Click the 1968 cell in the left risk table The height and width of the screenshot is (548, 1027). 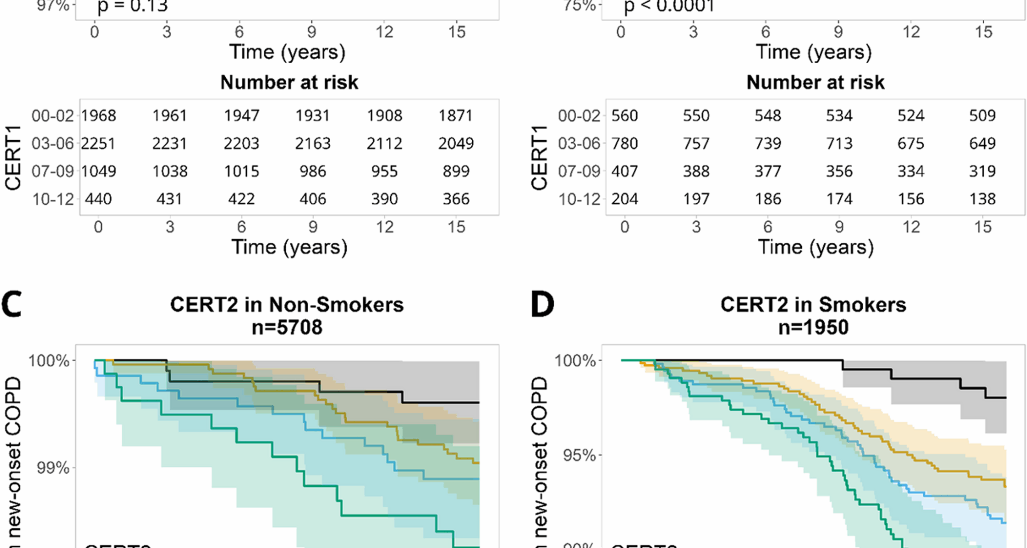click(98, 116)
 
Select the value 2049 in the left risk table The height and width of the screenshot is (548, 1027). click(456, 143)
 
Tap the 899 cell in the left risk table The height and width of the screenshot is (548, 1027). click(456, 171)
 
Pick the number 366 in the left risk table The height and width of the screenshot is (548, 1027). click(456, 199)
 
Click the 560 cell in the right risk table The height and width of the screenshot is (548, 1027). click(624, 116)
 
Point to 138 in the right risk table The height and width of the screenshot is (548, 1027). click(982, 199)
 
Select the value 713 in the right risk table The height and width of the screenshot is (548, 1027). click(839, 143)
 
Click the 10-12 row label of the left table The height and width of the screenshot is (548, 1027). click(53, 199)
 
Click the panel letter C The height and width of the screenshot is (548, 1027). click(11, 305)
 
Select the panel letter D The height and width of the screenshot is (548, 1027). click(542, 305)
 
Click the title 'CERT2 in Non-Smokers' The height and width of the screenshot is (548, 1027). click(287, 305)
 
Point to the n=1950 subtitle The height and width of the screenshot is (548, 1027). click(813, 327)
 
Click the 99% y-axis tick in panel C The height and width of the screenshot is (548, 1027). click(52, 468)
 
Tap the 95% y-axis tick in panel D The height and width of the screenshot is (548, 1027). click(579, 455)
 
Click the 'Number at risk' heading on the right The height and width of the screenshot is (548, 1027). click(815, 82)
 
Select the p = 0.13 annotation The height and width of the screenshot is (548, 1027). click(133, 7)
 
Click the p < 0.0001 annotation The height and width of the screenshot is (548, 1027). click(669, 7)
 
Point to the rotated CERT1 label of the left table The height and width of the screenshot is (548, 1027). click(13, 158)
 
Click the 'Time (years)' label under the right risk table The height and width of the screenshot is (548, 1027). click(815, 247)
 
